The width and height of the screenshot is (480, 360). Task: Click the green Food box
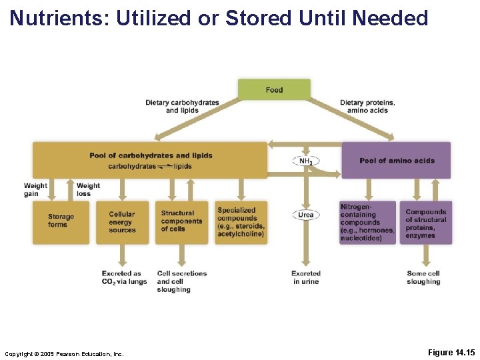point(274,89)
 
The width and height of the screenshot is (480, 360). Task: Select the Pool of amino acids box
point(396,160)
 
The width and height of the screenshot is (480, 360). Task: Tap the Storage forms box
point(61,221)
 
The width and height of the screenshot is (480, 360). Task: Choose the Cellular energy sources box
point(122,222)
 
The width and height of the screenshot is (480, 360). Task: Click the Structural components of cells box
point(181,222)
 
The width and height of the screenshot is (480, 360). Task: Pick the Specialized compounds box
point(241,222)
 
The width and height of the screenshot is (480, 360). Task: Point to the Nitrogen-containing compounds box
point(367,223)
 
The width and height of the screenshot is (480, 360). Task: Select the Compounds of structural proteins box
point(426,223)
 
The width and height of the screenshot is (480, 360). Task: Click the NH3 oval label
point(306,161)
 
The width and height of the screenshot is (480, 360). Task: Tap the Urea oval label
point(306,215)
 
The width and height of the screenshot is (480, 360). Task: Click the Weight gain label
point(35,189)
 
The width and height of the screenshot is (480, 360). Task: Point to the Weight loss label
point(88,189)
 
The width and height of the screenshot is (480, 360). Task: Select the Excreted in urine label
point(306,277)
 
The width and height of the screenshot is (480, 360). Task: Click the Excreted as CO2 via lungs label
point(124,277)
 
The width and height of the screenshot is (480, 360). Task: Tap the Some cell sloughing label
point(423,277)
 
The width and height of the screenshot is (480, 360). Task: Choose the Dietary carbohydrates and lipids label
point(182,106)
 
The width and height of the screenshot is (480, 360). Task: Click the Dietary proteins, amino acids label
point(367,106)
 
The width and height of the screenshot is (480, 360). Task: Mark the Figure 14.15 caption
point(451,352)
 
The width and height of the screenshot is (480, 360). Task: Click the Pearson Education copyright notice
point(64,353)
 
